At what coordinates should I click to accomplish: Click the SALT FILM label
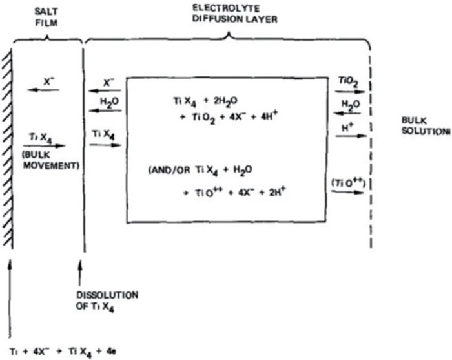point(46,17)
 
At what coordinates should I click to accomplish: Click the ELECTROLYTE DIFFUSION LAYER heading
point(234,14)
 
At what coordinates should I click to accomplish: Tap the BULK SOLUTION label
point(426,126)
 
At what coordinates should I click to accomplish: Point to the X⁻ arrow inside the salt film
point(43,90)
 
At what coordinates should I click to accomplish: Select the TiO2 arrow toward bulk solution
point(350,92)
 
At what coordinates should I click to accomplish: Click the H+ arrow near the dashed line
point(351,136)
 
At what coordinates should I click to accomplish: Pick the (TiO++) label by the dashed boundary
point(349,183)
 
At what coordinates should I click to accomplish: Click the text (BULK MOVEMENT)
point(51,160)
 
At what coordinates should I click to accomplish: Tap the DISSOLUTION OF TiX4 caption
point(107,302)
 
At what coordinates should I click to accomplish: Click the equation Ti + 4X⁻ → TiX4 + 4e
point(63,352)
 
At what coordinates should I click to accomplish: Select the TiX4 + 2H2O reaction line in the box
point(205,101)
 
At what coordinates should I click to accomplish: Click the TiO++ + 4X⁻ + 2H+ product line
point(234,192)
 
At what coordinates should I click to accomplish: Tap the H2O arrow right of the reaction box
point(347,113)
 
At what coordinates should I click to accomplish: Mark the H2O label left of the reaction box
point(109,102)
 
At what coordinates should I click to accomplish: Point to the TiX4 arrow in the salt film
point(45,146)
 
